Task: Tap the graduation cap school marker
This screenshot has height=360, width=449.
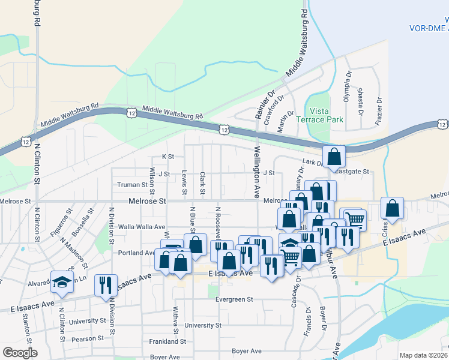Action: coord(62,283)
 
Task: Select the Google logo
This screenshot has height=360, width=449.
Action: coord(20,353)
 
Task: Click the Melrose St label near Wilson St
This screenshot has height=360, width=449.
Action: coord(146,202)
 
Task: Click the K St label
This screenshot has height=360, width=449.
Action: coord(167,157)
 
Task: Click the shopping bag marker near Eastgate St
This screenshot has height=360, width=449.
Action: coord(334,157)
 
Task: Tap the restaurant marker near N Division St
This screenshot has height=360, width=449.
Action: coord(106,286)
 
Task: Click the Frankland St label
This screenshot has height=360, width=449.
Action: coord(167,341)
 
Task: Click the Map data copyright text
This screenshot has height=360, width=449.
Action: coord(423,355)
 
